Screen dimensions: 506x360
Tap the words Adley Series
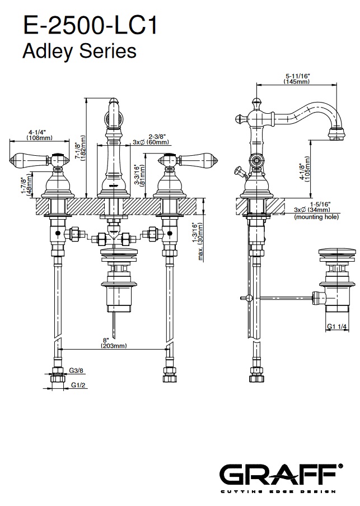(x=79, y=52)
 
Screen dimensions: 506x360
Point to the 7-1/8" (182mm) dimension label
(x=81, y=148)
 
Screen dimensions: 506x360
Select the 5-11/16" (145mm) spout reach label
(x=297, y=78)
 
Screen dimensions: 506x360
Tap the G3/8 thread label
(x=77, y=370)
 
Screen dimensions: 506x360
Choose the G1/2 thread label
(x=78, y=386)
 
